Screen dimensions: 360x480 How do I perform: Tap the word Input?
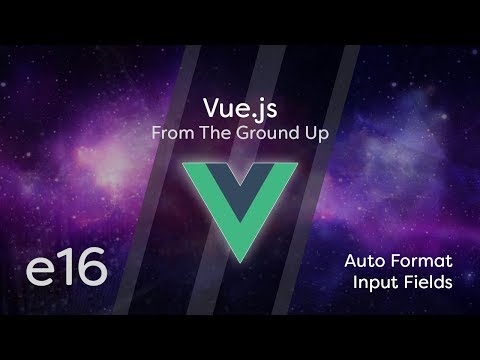[376, 282]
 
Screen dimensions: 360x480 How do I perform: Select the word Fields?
[428, 282]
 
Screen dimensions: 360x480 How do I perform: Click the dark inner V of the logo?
[240, 180]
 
